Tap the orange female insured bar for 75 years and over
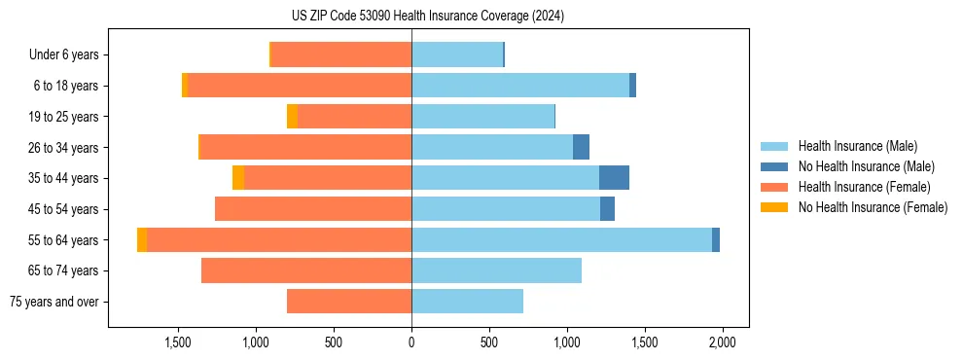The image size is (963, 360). pyautogui.click(x=349, y=302)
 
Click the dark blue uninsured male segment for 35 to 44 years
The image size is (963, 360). pyautogui.click(x=614, y=178)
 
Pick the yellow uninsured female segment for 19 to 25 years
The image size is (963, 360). pyautogui.click(x=292, y=117)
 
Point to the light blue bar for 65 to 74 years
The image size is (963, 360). pyautogui.click(x=496, y=270)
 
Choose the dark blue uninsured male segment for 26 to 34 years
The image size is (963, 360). pyautogui.click(x=581, y=147)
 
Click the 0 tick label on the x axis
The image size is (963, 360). pyautogui.click(x=411, y=343)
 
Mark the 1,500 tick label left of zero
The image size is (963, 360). pyautogui.click(x=178, y=343)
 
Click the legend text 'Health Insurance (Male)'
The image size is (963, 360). pyautogui.click(x=857, y=146)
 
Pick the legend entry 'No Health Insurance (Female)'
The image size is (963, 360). pyautogui.click(x=873, y=207)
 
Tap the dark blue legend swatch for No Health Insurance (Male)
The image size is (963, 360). pyautogui.click(x=774, y=166)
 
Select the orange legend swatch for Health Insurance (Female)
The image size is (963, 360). pyautogui.click(x=774, y=187)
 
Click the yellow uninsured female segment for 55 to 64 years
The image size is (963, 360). pyautogui.click(x=142, y=239)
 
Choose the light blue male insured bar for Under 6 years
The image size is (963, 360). pyautogui.click(x=457, y=55)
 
